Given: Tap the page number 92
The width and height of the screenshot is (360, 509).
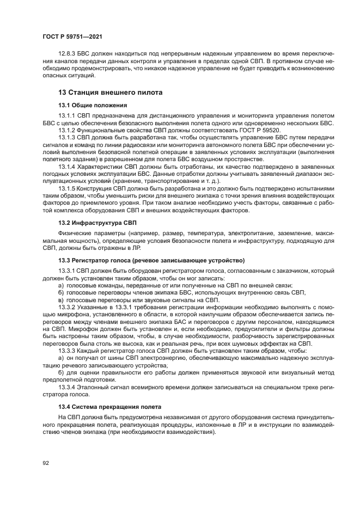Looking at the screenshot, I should coord(46,463).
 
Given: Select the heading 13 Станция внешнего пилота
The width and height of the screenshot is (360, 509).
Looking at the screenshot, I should coord(110,93).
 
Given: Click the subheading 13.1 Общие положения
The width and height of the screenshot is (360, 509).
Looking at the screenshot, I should coord(93,105).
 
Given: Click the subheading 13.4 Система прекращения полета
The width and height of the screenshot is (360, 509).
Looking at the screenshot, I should coord(109,407).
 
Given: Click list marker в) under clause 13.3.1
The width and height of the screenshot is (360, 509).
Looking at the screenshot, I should coord(62,300).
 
